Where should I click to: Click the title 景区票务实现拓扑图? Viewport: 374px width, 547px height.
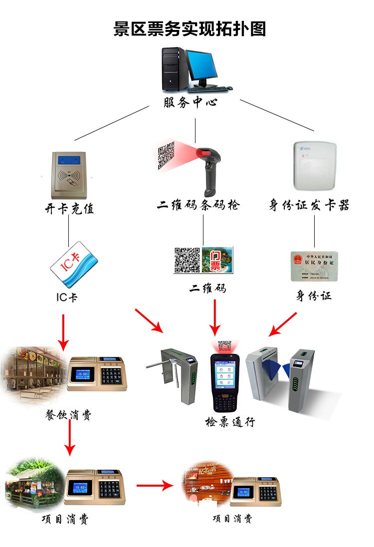(x=189, y=29)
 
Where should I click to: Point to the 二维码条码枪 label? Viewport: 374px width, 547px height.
(x=198, y=205)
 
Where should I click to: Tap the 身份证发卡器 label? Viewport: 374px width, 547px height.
(x=309, y=205)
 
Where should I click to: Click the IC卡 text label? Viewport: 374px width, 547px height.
(x=66, y=297)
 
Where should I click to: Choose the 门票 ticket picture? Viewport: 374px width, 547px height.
(x=217, y=260)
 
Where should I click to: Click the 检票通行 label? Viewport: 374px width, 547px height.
(x=230, y=422)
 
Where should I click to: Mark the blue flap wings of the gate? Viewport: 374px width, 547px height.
(x=278, y=367)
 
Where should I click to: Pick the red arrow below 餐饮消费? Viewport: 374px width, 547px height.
(x=70, y=439)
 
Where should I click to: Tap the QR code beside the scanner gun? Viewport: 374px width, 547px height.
(x=167, y=156)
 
